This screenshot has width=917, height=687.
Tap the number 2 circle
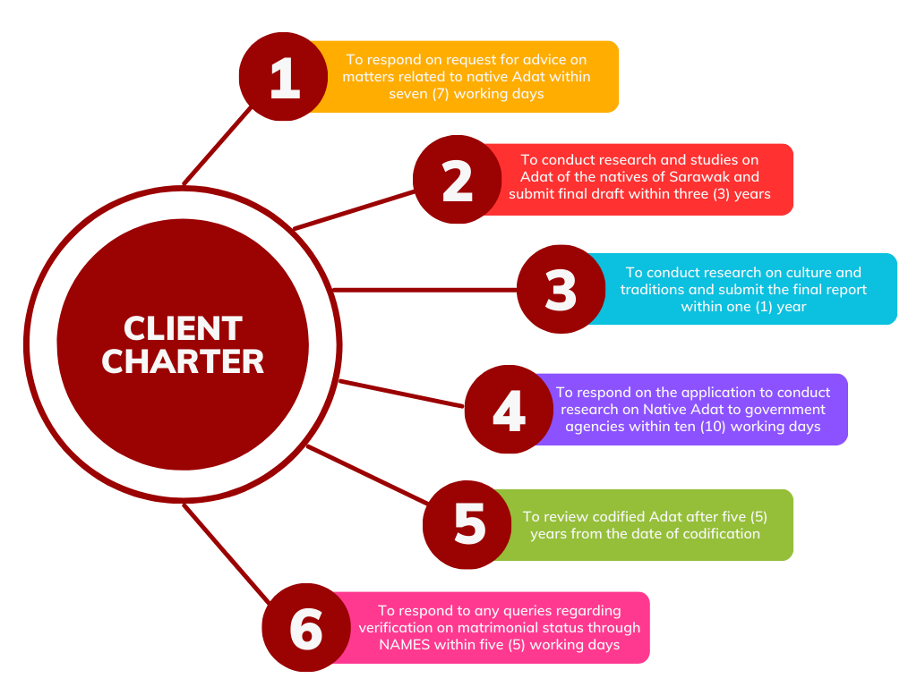coord(457,180)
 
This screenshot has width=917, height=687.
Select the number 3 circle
coord(561,290)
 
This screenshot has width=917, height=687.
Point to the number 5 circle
coord(469,524)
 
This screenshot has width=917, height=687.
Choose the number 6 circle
coord(306,628)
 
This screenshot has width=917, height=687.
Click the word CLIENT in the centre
coord(183,328)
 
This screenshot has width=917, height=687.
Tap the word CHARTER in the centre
coord(183,361)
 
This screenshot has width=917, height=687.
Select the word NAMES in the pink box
coord(404,645)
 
